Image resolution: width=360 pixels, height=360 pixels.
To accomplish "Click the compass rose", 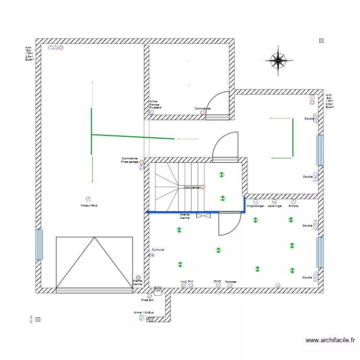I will [278, 60].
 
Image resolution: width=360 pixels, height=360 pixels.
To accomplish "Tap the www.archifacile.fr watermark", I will [330, 340].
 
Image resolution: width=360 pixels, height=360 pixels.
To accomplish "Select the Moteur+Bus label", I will [89, 205].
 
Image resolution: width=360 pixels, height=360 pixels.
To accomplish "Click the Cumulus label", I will [158, 250].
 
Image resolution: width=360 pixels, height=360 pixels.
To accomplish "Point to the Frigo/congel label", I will [255, 206].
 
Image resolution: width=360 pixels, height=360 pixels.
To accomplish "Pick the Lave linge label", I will [275, 206].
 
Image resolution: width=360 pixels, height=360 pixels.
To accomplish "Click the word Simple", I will [293, 206].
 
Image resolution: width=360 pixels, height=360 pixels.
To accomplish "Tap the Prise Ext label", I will [147, 300].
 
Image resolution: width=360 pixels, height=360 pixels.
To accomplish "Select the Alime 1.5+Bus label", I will [144, 312].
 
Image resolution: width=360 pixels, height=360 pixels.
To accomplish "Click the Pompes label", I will [230, 282].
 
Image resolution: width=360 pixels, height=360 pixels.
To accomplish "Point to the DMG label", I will [217, 281].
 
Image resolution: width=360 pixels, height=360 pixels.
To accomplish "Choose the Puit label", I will [191, 282].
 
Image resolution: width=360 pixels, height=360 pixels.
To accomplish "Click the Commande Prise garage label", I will [130, 160].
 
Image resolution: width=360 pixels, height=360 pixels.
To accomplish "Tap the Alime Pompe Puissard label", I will [155, 104].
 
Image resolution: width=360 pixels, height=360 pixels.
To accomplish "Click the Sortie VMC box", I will [157, 290].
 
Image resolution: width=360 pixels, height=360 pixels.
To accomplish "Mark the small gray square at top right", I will [321, 41].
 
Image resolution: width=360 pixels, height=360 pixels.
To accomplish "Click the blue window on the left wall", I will [39, 244].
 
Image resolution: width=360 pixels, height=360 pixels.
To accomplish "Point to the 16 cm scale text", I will [31, 319].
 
